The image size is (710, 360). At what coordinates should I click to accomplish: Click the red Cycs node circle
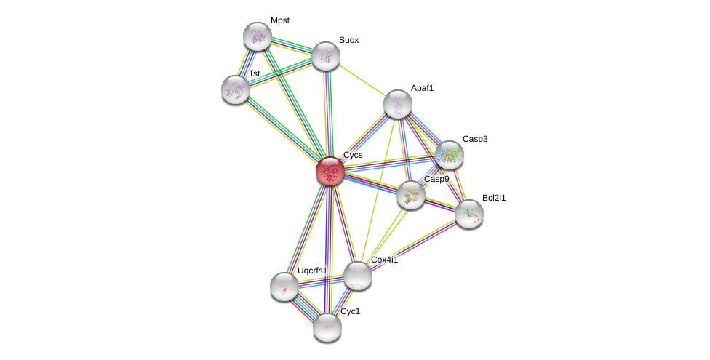pos(330,171)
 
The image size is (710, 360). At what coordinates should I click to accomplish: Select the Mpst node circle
pos(257,36)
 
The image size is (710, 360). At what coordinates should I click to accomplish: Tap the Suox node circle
pos(326,56)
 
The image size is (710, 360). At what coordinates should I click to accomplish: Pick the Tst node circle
pos(235,89)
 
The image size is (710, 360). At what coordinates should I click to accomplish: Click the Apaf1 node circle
pos(398,104)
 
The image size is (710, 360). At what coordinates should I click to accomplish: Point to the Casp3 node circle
pos(450,154)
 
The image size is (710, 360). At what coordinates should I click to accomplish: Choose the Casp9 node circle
pos(411,194)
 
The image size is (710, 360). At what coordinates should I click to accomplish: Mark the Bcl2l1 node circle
pos(469,214)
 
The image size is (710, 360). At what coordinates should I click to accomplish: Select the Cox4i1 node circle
pos(357,276)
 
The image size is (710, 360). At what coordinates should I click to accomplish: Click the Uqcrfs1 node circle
pos(284,287)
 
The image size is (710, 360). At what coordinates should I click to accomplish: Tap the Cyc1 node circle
pos(327,327)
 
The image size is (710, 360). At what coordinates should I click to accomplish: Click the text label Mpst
pos(280,20)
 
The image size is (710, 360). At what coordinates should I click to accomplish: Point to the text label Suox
pos(349,40)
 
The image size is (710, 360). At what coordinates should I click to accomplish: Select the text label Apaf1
pos(422,88)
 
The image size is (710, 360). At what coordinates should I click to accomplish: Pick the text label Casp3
pos(475,138)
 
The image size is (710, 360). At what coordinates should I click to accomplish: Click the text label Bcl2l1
pos(494,198)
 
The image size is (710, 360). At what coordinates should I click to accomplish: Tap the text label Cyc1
pos(351,311)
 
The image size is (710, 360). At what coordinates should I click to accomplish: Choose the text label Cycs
pos(353,155)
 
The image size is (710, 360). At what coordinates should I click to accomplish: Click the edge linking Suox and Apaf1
pos(362,80)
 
